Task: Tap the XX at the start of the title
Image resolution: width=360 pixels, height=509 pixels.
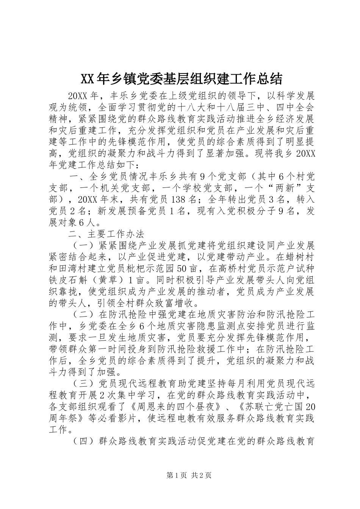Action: (87, 79)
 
